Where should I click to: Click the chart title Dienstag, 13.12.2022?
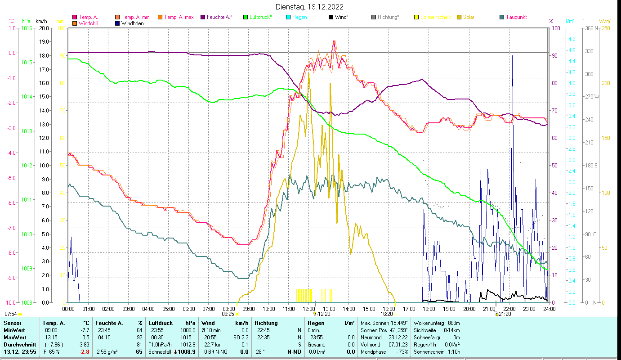tap(310, 7)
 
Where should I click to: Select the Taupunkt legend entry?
tap(516, 17)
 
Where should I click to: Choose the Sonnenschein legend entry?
tap(435, 17)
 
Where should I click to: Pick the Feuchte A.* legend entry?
tap(219, 17)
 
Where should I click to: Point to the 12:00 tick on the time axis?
tap(309, 309)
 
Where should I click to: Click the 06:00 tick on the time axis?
tap(188, 309)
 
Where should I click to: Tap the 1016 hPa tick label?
tap(27, 28)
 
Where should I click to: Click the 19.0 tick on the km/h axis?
tap(44, 42)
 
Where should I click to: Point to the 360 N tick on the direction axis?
tap(590, 28)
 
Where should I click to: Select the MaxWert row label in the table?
tap(14, 337)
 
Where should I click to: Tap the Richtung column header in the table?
tap(266, 323)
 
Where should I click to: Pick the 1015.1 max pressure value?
tap(189, 337)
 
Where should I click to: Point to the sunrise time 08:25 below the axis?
tap(228, 314)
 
